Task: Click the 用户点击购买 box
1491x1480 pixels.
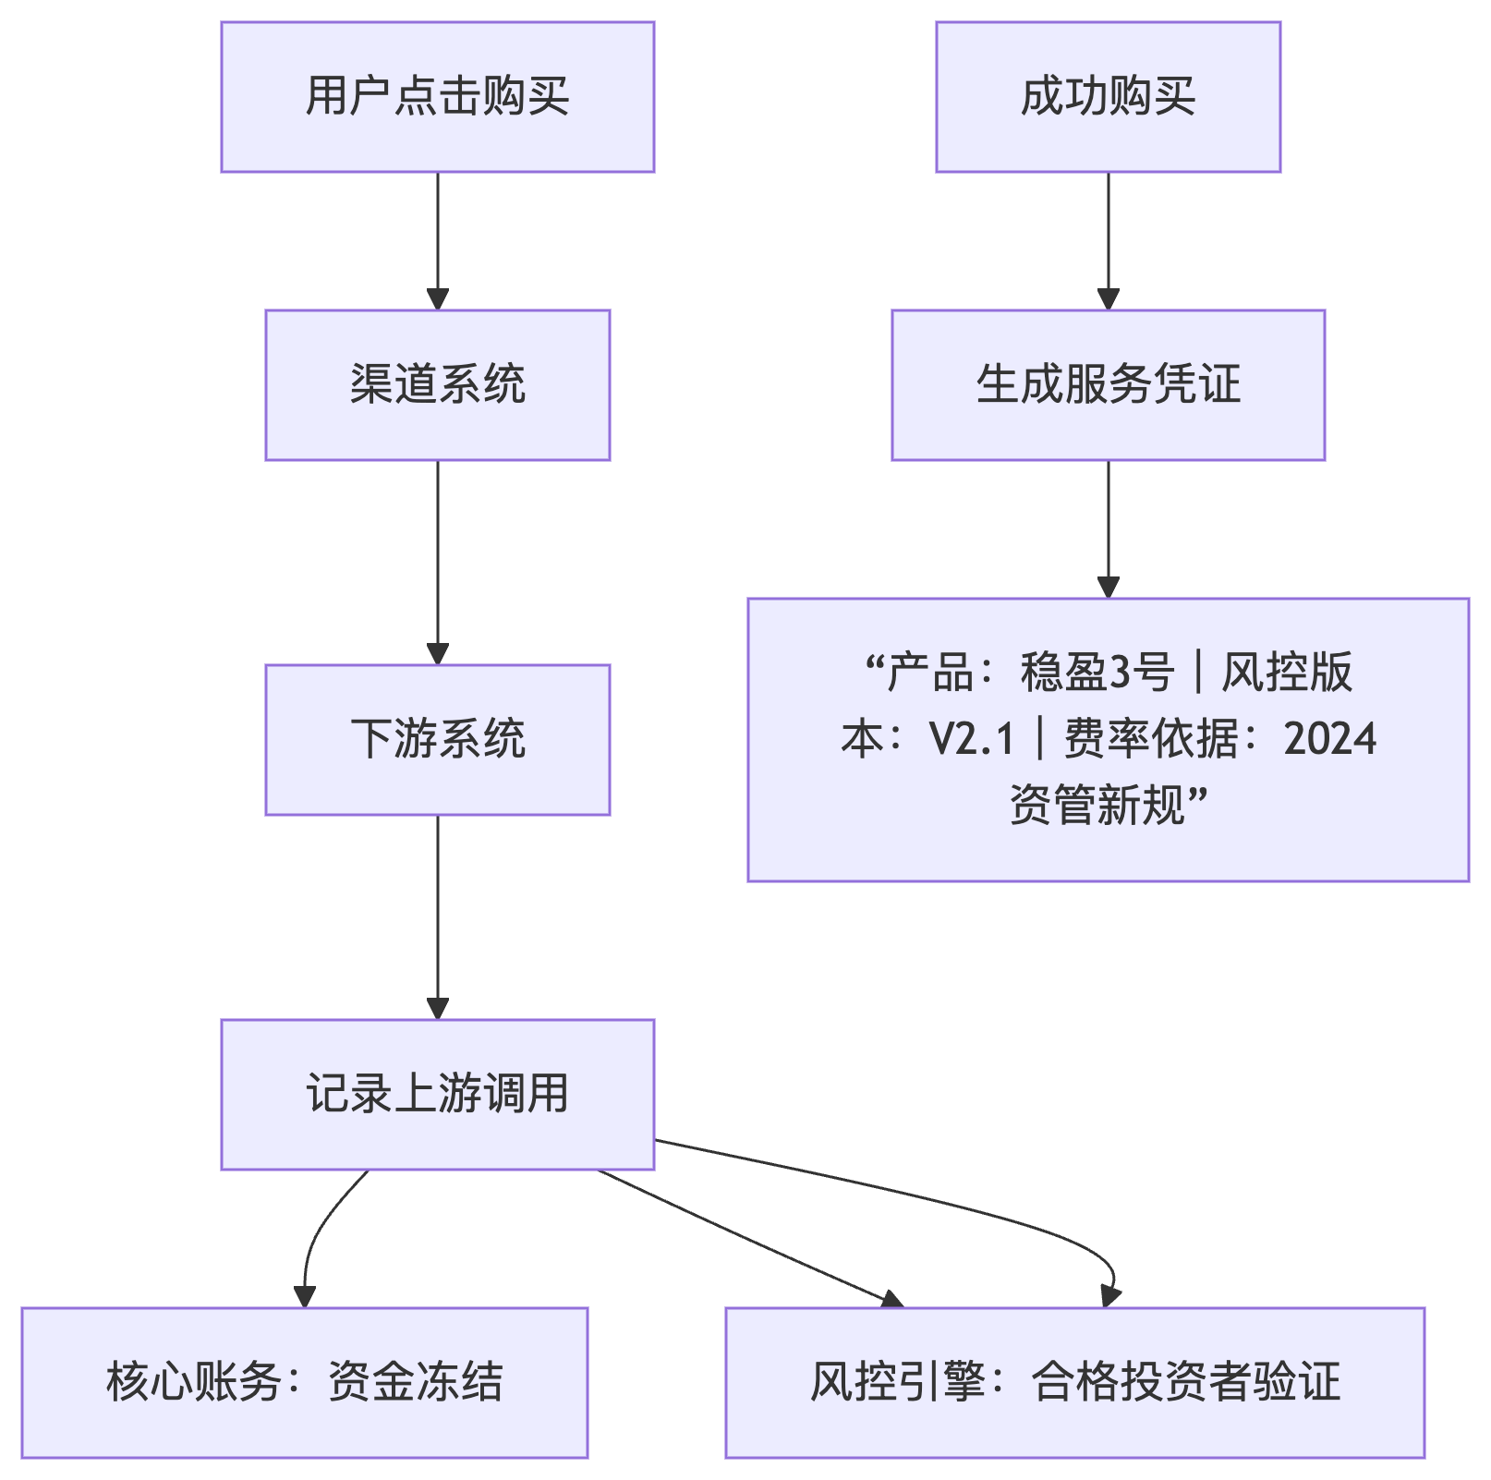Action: [x=437, y=97]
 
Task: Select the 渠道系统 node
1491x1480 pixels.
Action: [x=437, y=385]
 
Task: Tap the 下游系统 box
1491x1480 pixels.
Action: [x=437, y=740]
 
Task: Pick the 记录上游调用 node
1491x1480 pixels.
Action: [x=437, y=1095]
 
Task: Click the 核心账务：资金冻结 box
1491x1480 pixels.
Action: [x=304, y=1383]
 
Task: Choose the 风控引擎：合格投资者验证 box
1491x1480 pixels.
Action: [x=1074, y=1383]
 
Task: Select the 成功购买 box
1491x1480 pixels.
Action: [x=1108, y=97]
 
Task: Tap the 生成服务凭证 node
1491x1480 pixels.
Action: [x=1108, y=385]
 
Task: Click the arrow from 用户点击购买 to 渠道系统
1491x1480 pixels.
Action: [x=437, y=240]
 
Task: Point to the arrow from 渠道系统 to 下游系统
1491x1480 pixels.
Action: [x=437, y=562]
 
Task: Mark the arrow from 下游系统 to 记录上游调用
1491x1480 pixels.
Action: [x=437, y=916]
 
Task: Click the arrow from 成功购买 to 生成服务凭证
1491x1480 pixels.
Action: [x=1108, y=240]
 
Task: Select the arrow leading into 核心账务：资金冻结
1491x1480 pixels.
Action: [x=314, y=1238]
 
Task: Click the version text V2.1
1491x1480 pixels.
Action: [x=972, y=739]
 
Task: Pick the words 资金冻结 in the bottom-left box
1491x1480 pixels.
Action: [x=415, y=1383]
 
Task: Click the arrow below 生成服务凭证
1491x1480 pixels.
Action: [x=1108, y=528]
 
